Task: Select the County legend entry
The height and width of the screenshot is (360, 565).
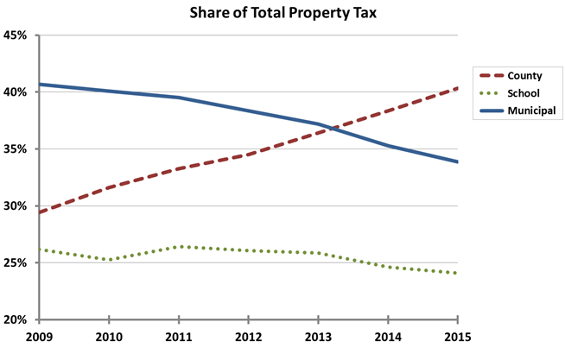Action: tap(524, 76)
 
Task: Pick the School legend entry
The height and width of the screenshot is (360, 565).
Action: tap(524, 93)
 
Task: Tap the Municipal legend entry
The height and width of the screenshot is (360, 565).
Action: tap(530, 111)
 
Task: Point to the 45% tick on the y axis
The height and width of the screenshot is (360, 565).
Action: tap(17, 35)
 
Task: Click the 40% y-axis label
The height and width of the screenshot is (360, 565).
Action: tap(17, 92)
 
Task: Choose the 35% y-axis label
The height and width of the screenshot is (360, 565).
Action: tap(17, 149)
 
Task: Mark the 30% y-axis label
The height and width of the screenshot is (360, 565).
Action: tap(17, 206)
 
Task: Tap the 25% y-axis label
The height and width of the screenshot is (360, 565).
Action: tap(17, 263)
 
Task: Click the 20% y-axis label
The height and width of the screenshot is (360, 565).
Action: tap(17, 320)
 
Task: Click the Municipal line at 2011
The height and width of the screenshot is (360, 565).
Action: tap(179, 98)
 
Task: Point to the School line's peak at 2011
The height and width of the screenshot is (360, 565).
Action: tap(179, 247)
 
